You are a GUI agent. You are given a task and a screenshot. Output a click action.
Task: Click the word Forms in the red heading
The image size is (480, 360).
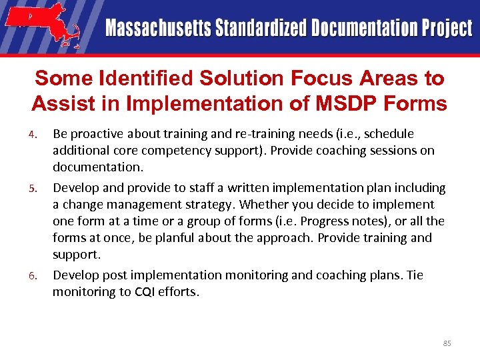(420, 103)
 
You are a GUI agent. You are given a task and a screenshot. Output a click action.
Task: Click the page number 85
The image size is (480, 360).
(447, 343)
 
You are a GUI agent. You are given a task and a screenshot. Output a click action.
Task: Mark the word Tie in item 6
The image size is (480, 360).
(415, 275)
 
